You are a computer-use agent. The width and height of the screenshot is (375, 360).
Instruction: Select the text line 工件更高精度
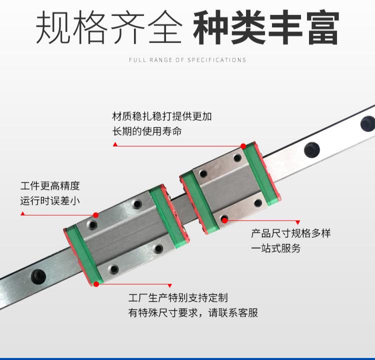50,186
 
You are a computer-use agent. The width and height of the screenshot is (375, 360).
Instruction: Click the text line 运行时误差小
50,201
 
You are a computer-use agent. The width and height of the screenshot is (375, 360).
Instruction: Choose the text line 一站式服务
275,248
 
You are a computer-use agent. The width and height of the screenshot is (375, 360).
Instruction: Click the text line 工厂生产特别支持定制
177,298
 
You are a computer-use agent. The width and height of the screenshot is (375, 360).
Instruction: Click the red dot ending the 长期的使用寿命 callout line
243,146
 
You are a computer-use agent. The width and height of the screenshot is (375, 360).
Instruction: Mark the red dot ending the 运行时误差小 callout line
95,215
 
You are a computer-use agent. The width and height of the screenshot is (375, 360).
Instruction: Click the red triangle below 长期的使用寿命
115,144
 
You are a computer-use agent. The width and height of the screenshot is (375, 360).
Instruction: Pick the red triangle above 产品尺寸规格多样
298,222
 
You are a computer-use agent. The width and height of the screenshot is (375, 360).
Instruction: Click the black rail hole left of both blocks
38,275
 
